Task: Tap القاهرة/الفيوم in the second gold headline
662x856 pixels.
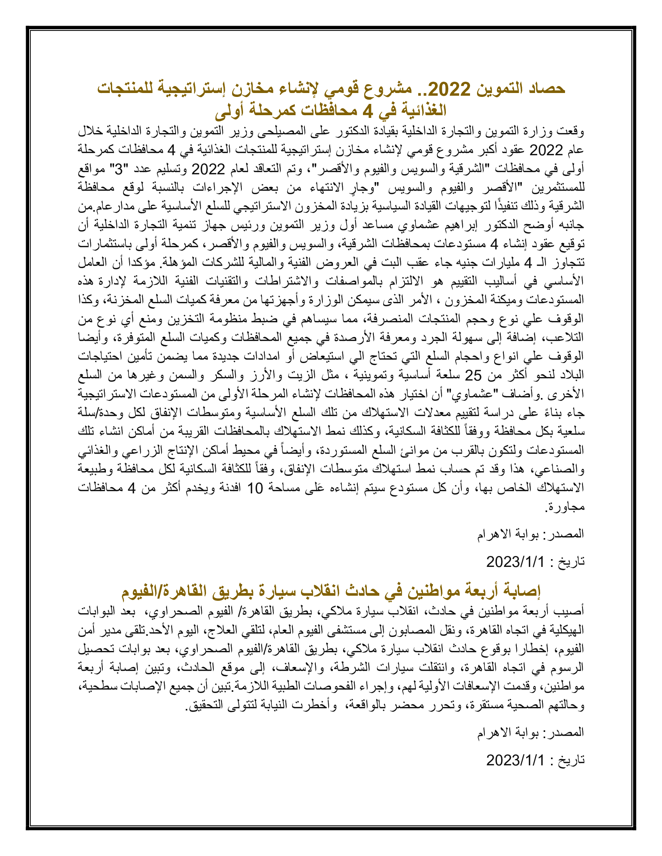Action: (164, 591)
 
